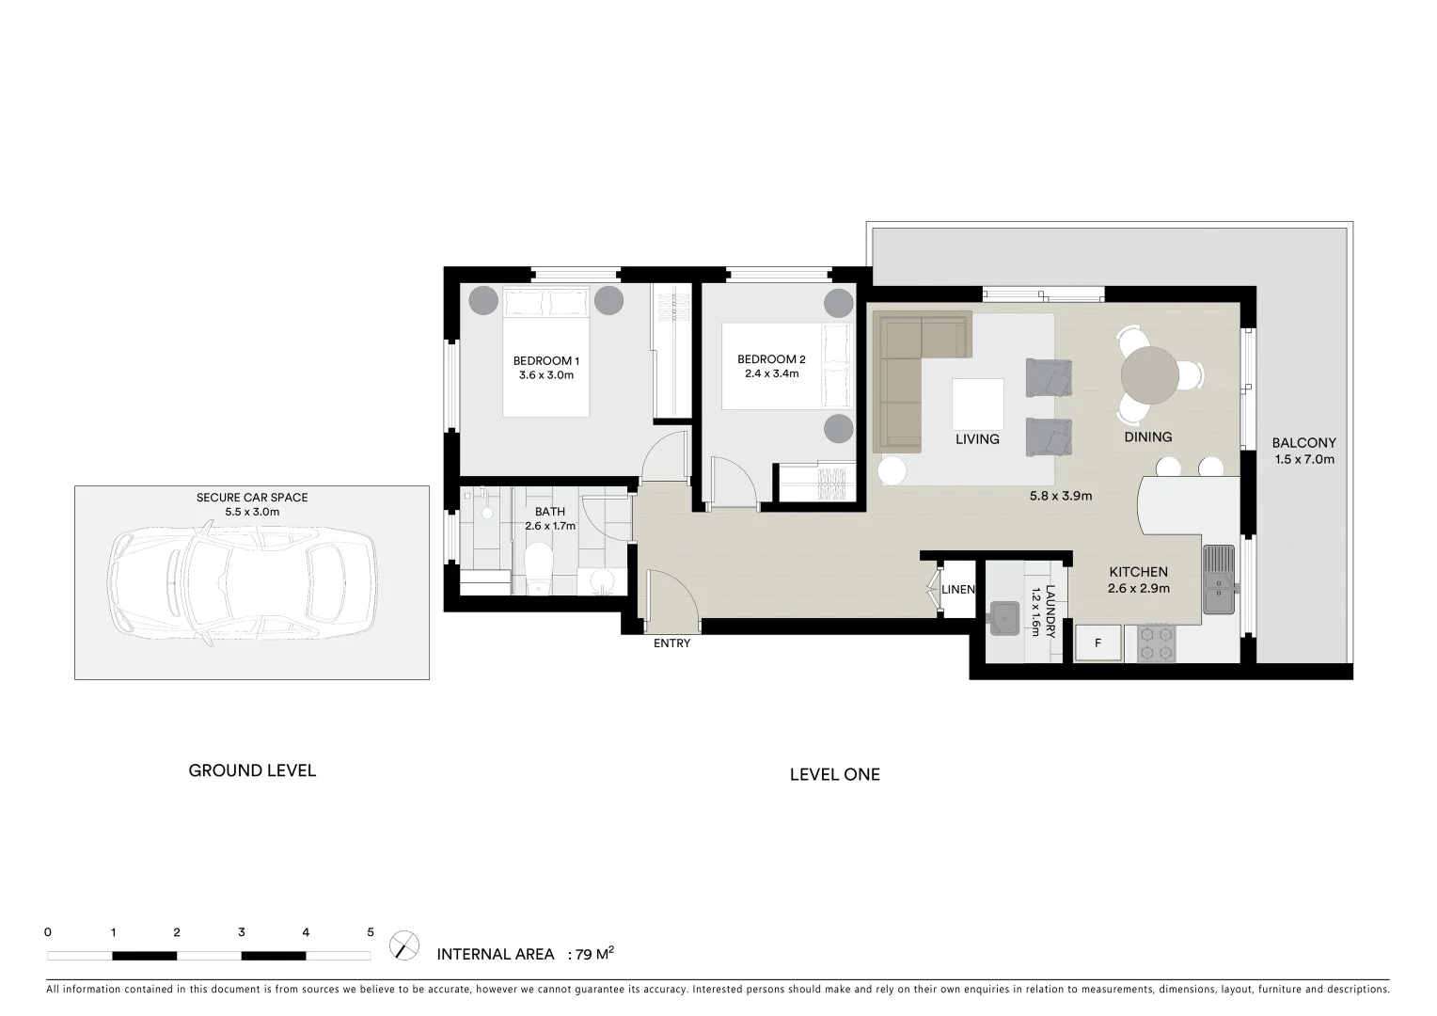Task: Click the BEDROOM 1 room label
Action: click(x=545, y=361)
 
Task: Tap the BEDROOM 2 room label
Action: click(x=771, y=359)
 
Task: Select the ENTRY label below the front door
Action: click(x=671, y=643)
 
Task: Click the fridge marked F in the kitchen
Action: click(x=1097, y=643)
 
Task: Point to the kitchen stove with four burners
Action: click(x=1156, y=644)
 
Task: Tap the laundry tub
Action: click(x=1008, y=616)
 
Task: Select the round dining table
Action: click(x=1148, y=374)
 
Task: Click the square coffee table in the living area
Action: click(x=977, y=404)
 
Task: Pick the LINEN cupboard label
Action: click(x=958, y=590)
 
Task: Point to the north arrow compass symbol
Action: click(x=404, y=944)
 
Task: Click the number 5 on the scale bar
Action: click(x=371, y=933)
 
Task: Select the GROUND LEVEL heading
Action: click(x=252, y=770)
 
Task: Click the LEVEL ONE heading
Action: click(x=834, y=774)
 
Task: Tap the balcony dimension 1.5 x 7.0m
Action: click(x=1303, y=460)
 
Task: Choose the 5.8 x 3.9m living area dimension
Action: click(x=1061, y=496)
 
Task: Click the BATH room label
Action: click(x=550, y=512)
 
